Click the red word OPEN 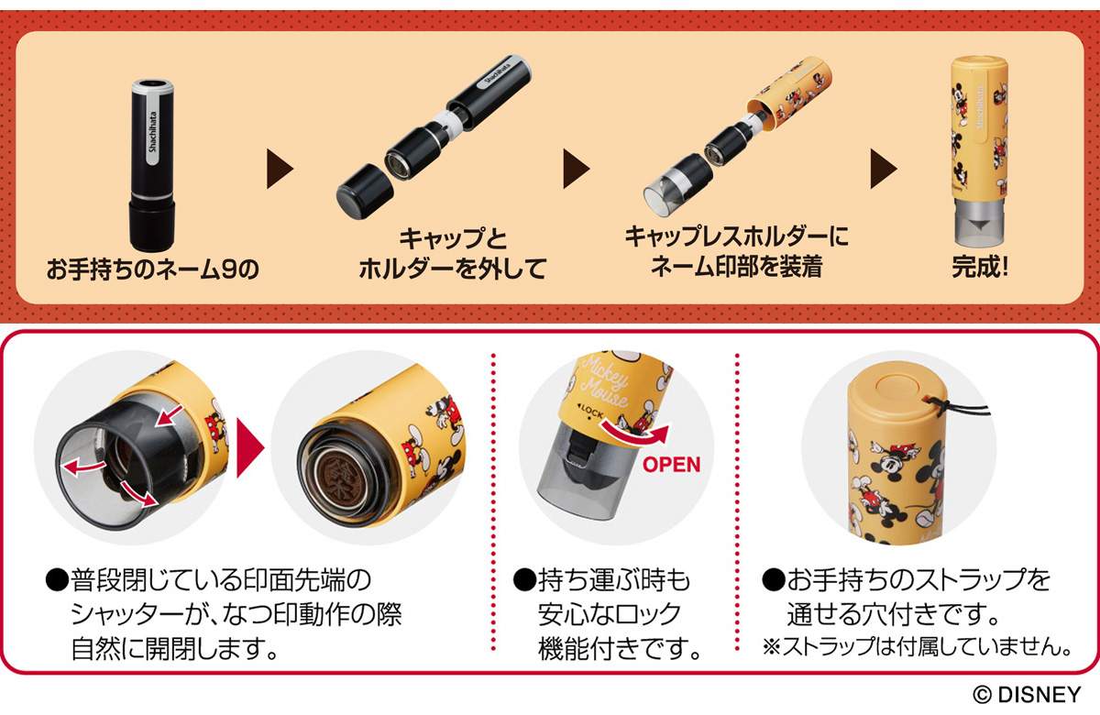(671, 464)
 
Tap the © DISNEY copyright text (1027, 695)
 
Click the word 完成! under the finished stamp (980, 267)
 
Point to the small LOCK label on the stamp (589, 411)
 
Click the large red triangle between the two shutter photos (250, 447)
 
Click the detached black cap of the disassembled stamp (365, 191)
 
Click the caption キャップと (452, 238)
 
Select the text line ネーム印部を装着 (736, 267)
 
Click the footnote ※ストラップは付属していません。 (918, 646)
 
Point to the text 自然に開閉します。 (175, 649)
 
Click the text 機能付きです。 (620, 648)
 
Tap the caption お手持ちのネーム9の (153, 269)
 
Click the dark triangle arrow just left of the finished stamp (884, 169)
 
